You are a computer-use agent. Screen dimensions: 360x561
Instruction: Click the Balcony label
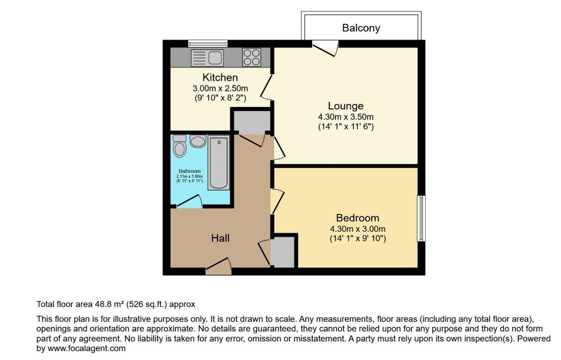361,28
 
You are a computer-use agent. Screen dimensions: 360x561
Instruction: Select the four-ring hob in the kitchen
252,57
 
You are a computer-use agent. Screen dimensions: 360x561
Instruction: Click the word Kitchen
220,78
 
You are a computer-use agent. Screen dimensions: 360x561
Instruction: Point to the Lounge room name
345,106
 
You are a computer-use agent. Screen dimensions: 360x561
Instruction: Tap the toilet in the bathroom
179,146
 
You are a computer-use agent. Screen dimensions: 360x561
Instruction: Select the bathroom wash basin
198,142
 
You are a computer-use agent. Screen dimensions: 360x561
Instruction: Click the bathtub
218,163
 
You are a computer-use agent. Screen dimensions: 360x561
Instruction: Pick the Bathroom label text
189,171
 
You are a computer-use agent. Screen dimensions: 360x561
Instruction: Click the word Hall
220,238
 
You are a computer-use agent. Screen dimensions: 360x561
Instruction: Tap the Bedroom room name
357,218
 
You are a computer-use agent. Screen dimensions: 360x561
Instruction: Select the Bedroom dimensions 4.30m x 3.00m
357,229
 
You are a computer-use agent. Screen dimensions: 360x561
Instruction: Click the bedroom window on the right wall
421,218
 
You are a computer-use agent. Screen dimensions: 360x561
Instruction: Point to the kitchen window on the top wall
208,43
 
